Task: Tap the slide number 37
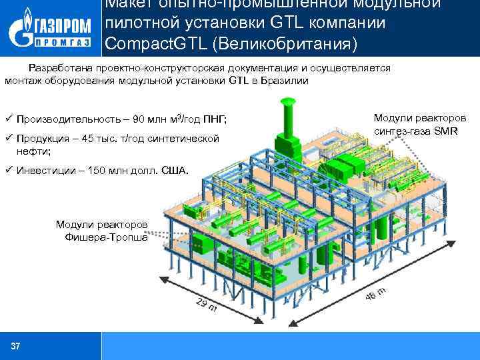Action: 15,346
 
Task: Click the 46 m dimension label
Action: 376,293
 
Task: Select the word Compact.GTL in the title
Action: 150,45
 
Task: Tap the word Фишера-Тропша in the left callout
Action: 107,237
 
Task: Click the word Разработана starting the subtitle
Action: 57,68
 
